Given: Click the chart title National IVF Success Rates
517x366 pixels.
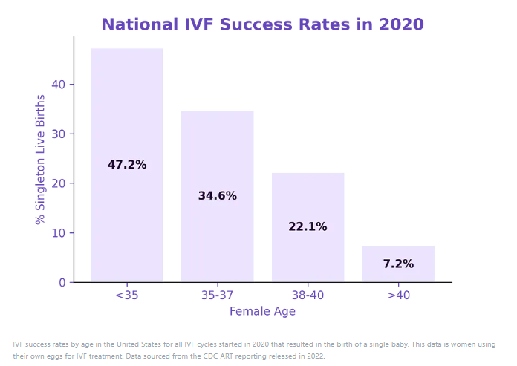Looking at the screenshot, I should point(262,24).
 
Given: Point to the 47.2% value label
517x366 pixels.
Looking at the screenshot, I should point(127,165).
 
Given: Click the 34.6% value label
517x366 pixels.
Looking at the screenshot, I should point(218,196).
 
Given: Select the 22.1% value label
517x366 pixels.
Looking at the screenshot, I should point(308,227).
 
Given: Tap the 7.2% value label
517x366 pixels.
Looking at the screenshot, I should point(398,264).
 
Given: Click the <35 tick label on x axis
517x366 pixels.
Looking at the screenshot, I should point(127,295).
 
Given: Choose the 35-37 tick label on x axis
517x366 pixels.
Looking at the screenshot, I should point(218,295).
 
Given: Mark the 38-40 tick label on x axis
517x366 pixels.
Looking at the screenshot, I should point(308,295).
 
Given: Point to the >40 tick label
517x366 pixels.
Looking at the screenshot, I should point(398,295).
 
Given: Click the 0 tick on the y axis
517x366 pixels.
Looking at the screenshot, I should point(62,283).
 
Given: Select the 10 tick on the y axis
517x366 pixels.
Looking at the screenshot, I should point(59,233).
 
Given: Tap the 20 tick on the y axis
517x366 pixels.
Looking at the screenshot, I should point(59,183).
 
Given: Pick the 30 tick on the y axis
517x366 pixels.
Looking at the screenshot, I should point(59,134).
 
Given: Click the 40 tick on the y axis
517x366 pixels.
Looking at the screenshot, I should point(59,85).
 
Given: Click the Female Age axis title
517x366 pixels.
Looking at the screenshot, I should point(262,311).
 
